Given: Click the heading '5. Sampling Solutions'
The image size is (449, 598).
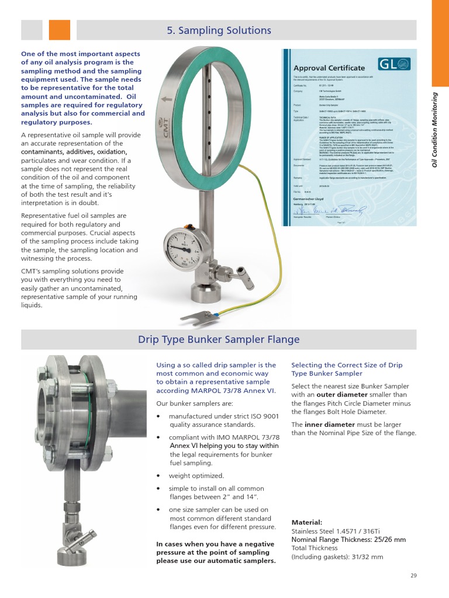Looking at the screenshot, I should tap(219, 30).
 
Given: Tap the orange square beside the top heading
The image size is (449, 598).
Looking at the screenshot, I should tap(59, 30).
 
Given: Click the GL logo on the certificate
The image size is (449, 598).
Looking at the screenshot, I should tap(395, 64).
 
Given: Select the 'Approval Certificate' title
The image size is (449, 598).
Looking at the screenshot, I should tap(329, 68).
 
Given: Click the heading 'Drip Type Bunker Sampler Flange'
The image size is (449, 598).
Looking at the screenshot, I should tap(219, 339).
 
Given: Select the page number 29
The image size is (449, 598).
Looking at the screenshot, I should tap(413, 575).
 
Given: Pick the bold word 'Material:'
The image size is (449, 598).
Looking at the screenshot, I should tap(306, 522).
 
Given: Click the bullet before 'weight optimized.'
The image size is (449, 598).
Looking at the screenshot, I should tap(159, 476).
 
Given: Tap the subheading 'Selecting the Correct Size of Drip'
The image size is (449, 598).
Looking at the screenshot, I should tap(347, 365).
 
